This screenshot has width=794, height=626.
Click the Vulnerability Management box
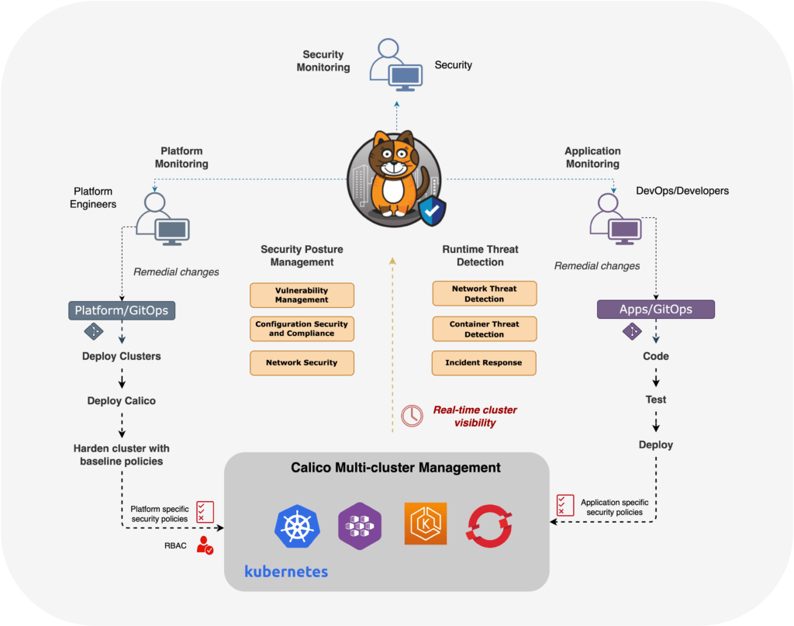[302, 295]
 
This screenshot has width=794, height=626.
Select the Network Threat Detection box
[484, 293]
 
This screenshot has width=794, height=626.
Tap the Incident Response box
[484, 362]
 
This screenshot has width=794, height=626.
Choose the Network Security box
[302, 362]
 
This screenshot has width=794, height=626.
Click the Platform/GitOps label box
[121, 311]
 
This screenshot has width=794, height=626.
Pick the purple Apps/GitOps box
[655, 310]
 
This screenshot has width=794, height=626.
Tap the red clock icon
[412, 416]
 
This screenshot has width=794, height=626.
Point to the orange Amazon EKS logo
[425, 523]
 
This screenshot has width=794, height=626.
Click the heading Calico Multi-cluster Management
[395, 468]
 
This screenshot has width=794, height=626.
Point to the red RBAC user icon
[205, 545]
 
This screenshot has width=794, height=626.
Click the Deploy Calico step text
[121, 401]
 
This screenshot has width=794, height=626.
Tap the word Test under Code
[656, 399]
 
